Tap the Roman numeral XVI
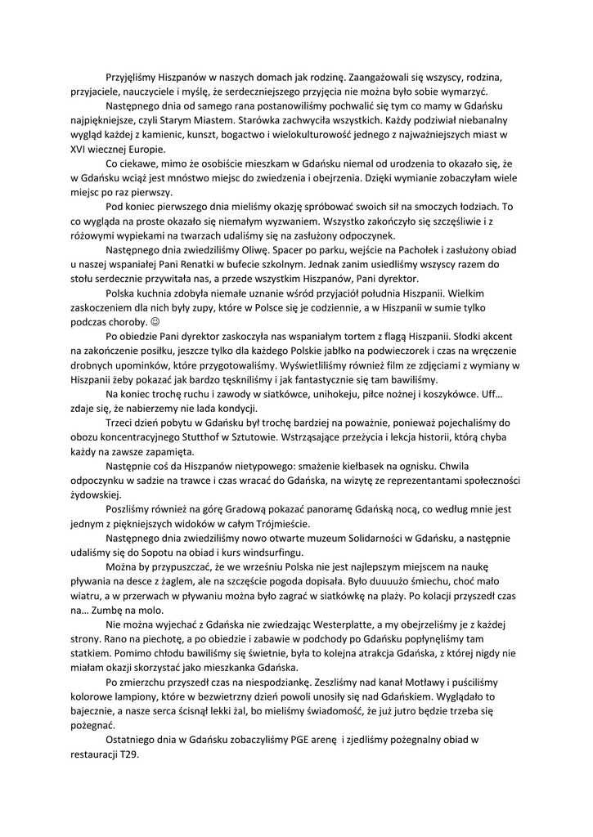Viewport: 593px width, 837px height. (81, 150)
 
